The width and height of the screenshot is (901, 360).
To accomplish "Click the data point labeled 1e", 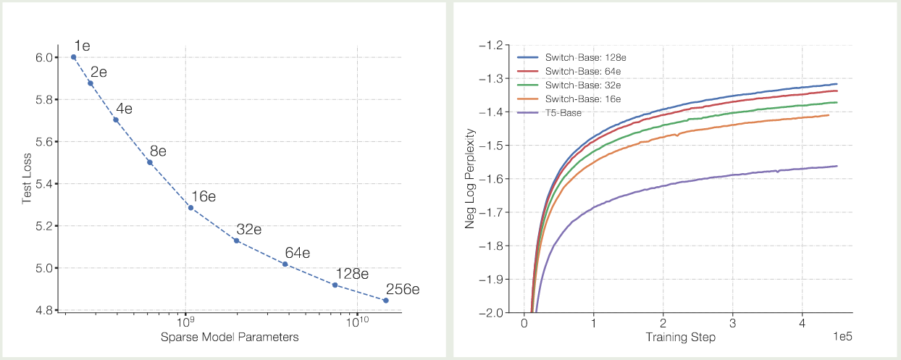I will pos(73,56).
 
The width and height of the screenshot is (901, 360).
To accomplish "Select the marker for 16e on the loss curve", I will pos(190,208).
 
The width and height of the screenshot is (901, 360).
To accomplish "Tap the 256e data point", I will pos(385,300).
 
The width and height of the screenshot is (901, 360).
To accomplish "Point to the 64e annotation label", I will pos(297,253).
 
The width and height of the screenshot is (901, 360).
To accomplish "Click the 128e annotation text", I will pos(352,274).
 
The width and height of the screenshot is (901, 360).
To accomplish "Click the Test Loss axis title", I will pos(28,183).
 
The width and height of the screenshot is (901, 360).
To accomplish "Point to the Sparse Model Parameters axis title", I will pos(230,338).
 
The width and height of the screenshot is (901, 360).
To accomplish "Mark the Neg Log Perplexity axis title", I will pos(469,178).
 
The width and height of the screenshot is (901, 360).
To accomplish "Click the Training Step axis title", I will pos(681,338).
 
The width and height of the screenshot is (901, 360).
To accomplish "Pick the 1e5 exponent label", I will pos(842,338).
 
